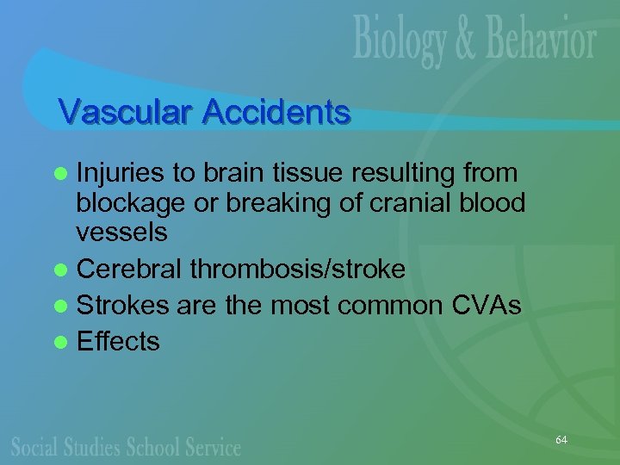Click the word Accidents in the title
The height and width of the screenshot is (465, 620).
click(x=277, y=112)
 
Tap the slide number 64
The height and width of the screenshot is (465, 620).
click(x=561, y=440)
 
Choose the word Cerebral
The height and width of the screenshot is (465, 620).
click(x=130, y=270)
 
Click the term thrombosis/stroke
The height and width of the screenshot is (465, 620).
click(x=297, y=270)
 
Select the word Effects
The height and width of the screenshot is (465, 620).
click(x=118, y=343)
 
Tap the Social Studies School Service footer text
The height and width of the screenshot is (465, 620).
click(x=126, y=447)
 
